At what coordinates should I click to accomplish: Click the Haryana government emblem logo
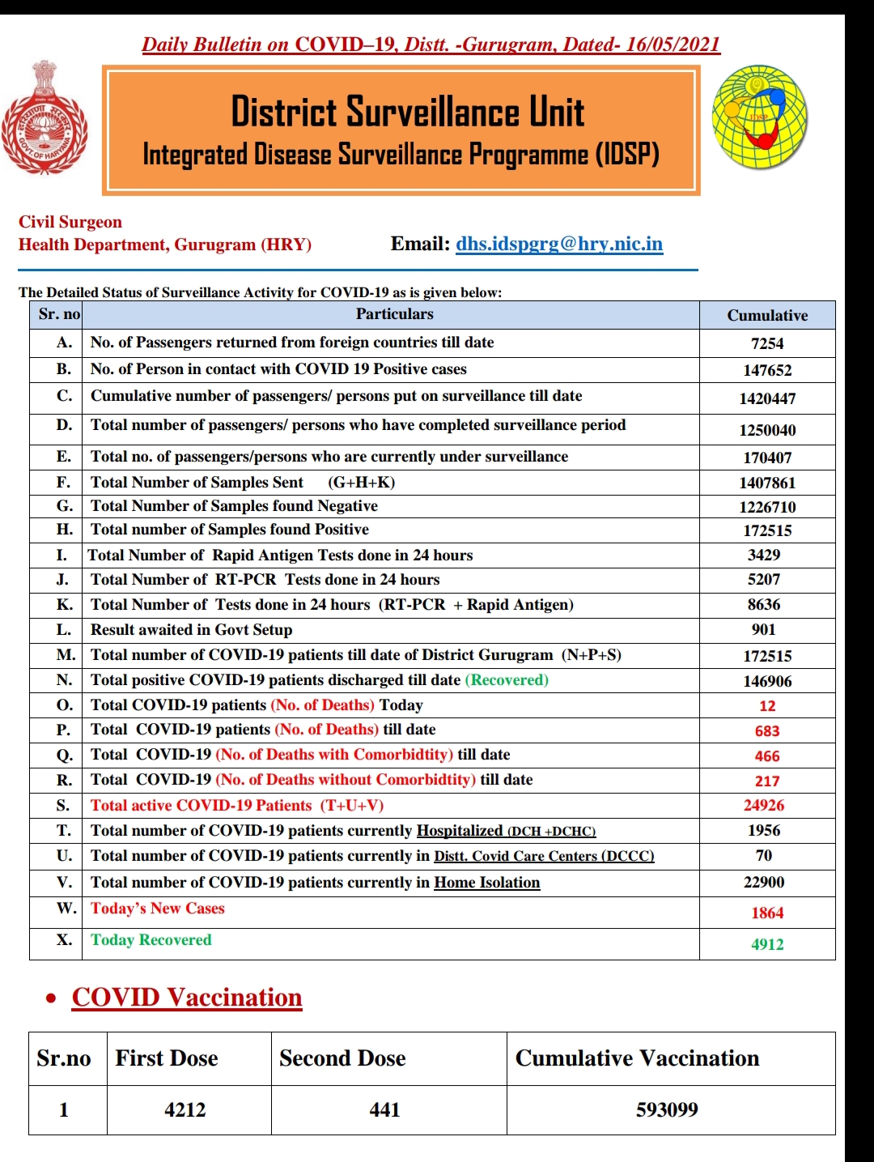tap(45, 118)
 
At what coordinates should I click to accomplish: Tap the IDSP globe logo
tap(759, 118)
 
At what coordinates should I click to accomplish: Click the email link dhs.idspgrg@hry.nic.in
tap(559, 244)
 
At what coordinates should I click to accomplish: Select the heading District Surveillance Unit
tap(407, 112)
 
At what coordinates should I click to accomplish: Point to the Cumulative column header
tap(767, 316)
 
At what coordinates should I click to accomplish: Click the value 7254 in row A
tap(767, 343)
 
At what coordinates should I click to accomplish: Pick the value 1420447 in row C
tap(767, 398)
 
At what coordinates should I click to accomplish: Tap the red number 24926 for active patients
tap(764, 806)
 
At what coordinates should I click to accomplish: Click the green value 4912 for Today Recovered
tap(767, 944)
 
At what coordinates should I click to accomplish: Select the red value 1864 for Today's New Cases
tap(767, 913)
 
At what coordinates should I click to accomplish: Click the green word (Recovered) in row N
tap(507, 680)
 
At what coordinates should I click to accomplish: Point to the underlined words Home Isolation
tap(487, 883)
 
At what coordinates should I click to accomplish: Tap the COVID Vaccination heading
tap(187, 998)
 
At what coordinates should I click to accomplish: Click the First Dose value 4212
tap(185, 1110)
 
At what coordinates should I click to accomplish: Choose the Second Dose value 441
tap(384, 1110)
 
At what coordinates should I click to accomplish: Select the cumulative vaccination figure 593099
tap(667, 1110)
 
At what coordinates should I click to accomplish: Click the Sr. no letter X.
tap(64, 940)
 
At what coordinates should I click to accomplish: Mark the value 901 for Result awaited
tap(763, 630)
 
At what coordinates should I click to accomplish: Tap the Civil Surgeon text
tap(70, 222)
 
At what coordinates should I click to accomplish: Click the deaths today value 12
tap(767, 706)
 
